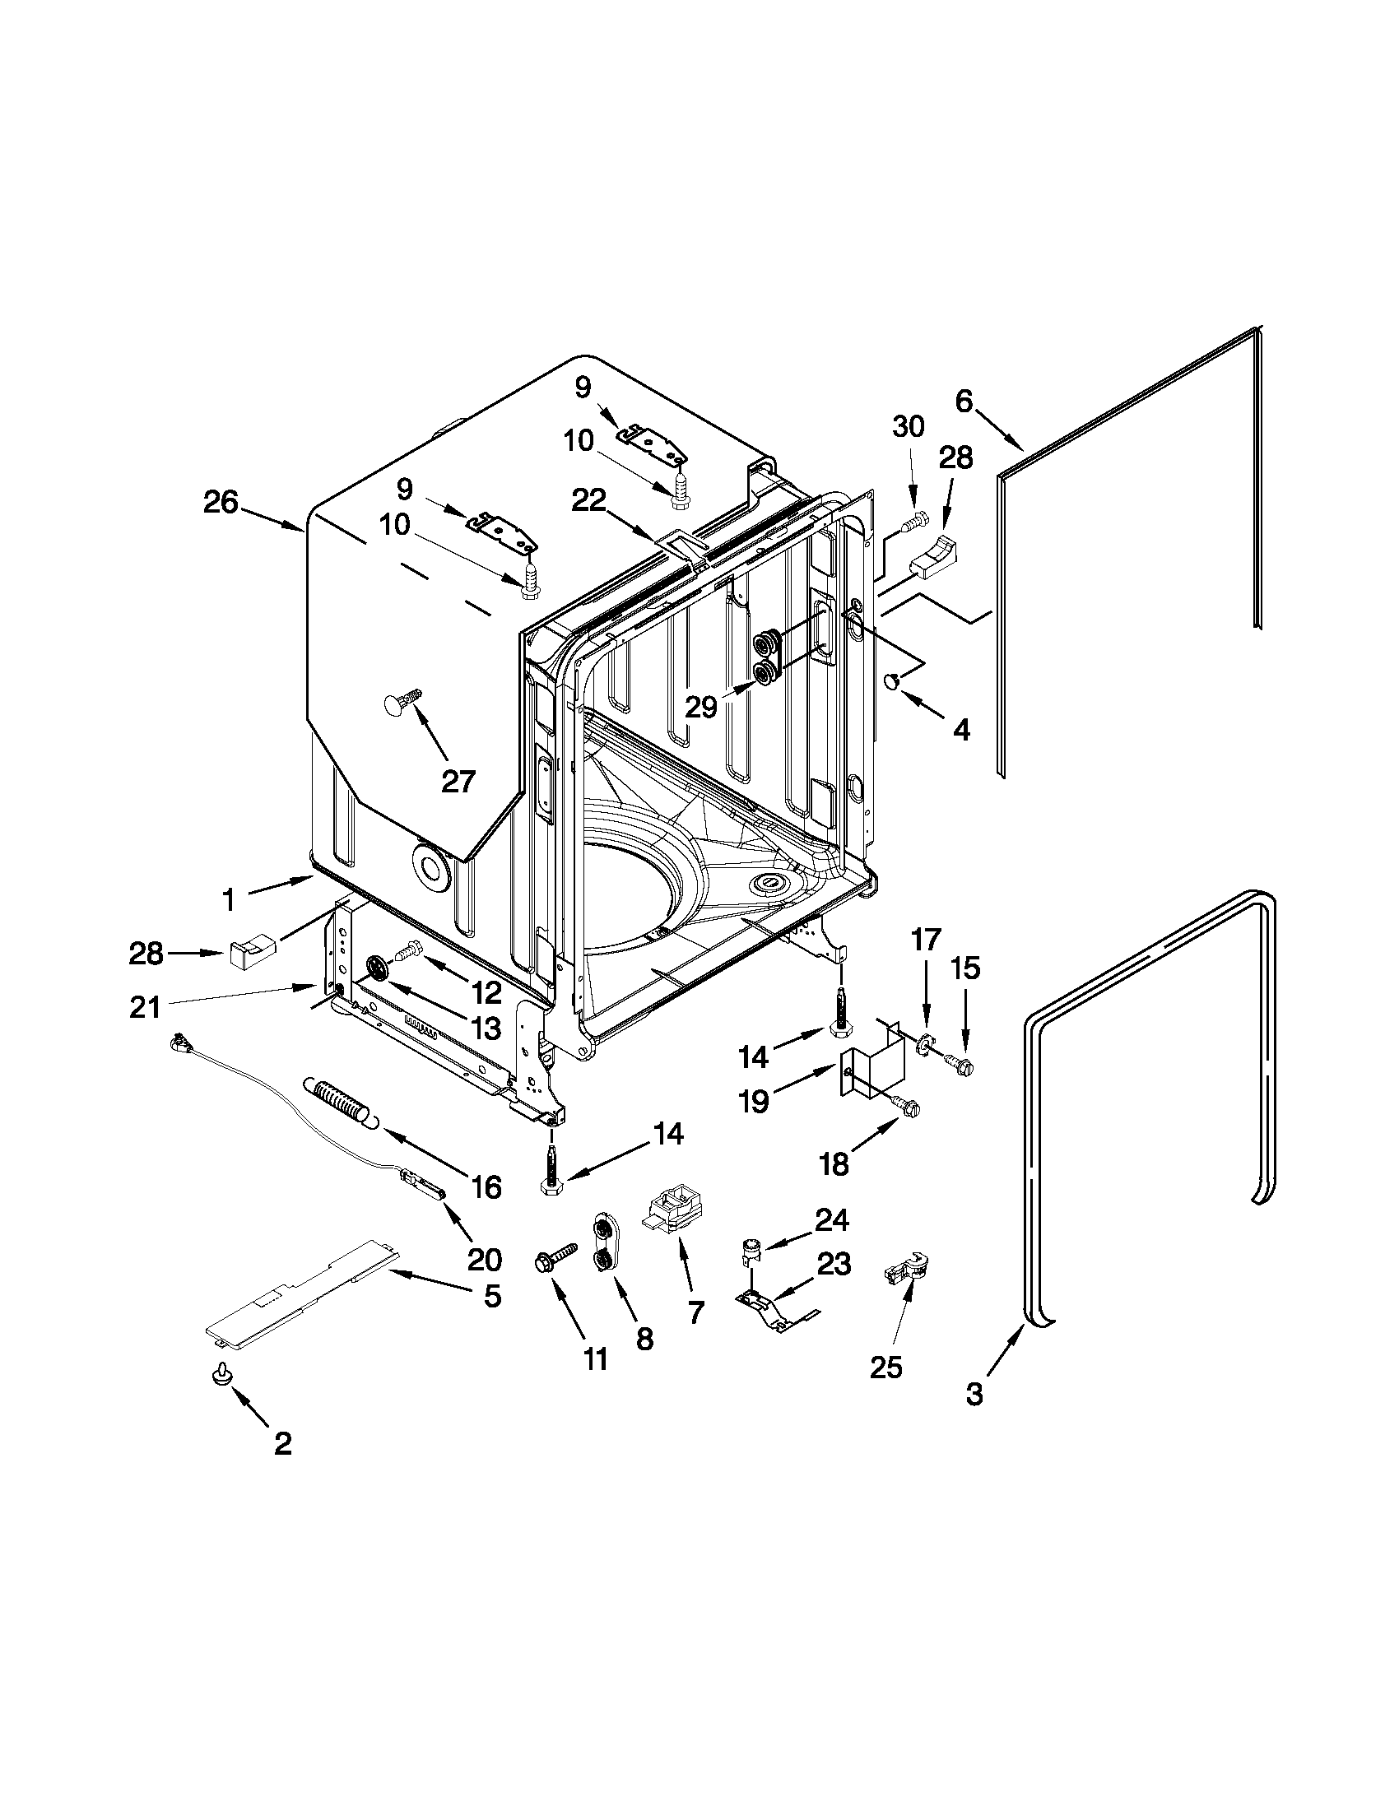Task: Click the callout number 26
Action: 221,503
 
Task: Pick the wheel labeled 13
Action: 378,968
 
